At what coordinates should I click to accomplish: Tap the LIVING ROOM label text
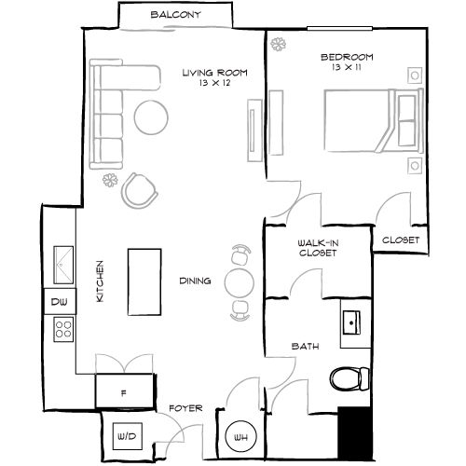point(215,72)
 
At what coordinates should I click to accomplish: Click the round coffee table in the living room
point(152,116)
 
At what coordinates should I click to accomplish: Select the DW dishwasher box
point(59,302)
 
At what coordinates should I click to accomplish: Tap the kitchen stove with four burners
point(63,328)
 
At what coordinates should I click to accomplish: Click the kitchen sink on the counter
point(62,263)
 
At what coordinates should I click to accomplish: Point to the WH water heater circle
point(239,435)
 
